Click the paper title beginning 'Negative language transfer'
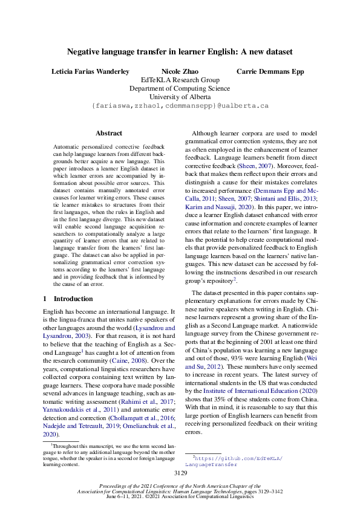180,53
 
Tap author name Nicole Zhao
180,71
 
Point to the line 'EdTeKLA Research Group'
180,79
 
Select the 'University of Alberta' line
180,96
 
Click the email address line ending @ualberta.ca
180,105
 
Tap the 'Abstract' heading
109,133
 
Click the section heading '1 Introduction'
68,299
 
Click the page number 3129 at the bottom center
180,473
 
